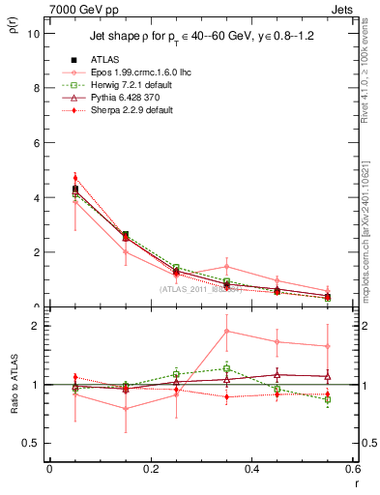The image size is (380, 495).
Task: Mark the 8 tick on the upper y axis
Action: point(37,88)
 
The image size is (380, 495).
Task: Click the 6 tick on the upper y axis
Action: point(37,143)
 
